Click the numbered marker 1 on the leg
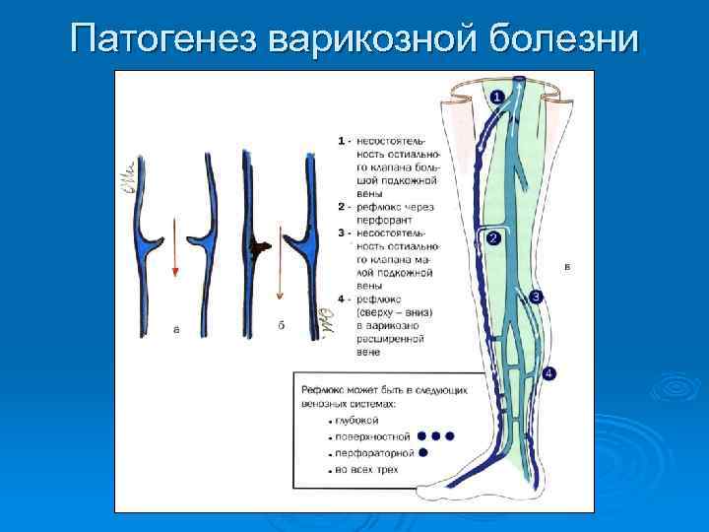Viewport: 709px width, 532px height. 495,97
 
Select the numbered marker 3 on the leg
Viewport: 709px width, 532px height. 536,297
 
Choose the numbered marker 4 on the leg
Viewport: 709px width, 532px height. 548,372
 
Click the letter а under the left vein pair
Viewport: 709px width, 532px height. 175,331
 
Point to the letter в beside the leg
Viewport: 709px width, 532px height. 566,266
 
